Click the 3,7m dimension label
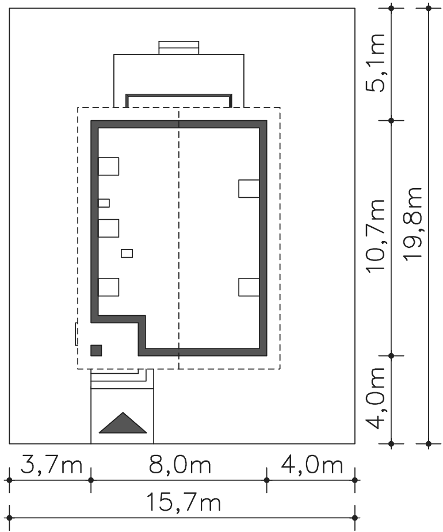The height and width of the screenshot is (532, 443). coord(51,465)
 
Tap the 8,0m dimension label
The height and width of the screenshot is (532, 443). coord(180,465)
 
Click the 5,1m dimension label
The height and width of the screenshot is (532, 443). coord(375,63)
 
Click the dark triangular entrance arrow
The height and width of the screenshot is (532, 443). coord(123,423)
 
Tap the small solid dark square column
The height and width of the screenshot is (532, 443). coord(96,350)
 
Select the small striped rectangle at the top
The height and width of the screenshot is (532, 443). coord(179,48)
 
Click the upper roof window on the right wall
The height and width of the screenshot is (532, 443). coord(249,189)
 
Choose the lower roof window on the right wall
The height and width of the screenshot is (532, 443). coord(249,287)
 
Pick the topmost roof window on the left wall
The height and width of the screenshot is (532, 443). coord(109,166)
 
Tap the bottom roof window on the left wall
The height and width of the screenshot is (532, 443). coord(109,287)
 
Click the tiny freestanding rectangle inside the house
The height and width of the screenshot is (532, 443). coord(127,254)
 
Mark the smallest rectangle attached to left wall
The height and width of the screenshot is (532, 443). coord(104,203)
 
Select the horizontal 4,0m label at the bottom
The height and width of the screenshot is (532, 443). coord(312,465)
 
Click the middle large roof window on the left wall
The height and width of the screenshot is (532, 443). coord(109,228)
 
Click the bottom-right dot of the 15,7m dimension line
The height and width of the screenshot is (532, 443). coord(355,518)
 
